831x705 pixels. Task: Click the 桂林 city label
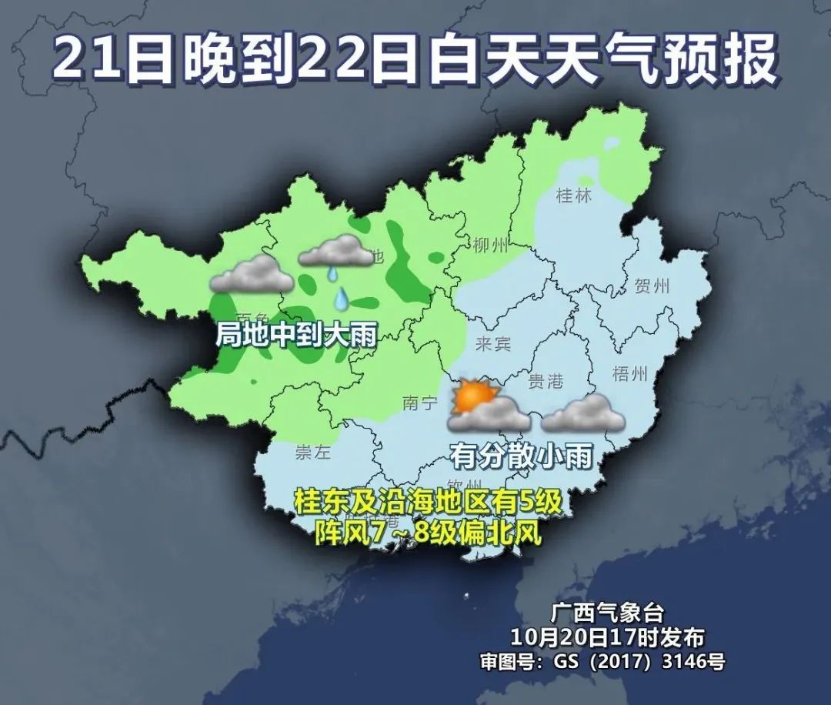pos(574,195)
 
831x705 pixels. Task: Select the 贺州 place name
pos(652,287)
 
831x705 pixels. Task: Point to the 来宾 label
pos(493,343)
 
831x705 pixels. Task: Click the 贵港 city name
pos(546,380)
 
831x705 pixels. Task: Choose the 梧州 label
pos(630,374)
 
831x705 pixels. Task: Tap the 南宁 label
pos(420,402)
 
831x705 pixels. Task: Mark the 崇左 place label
pos(313,453)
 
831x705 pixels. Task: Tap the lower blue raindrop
pos(341,297)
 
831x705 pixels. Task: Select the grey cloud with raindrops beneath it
pos(335,251)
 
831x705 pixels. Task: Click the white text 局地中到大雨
pos(295,335)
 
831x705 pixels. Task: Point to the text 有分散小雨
pos(522,456)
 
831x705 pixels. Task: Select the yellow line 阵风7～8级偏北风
pos(429,531)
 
